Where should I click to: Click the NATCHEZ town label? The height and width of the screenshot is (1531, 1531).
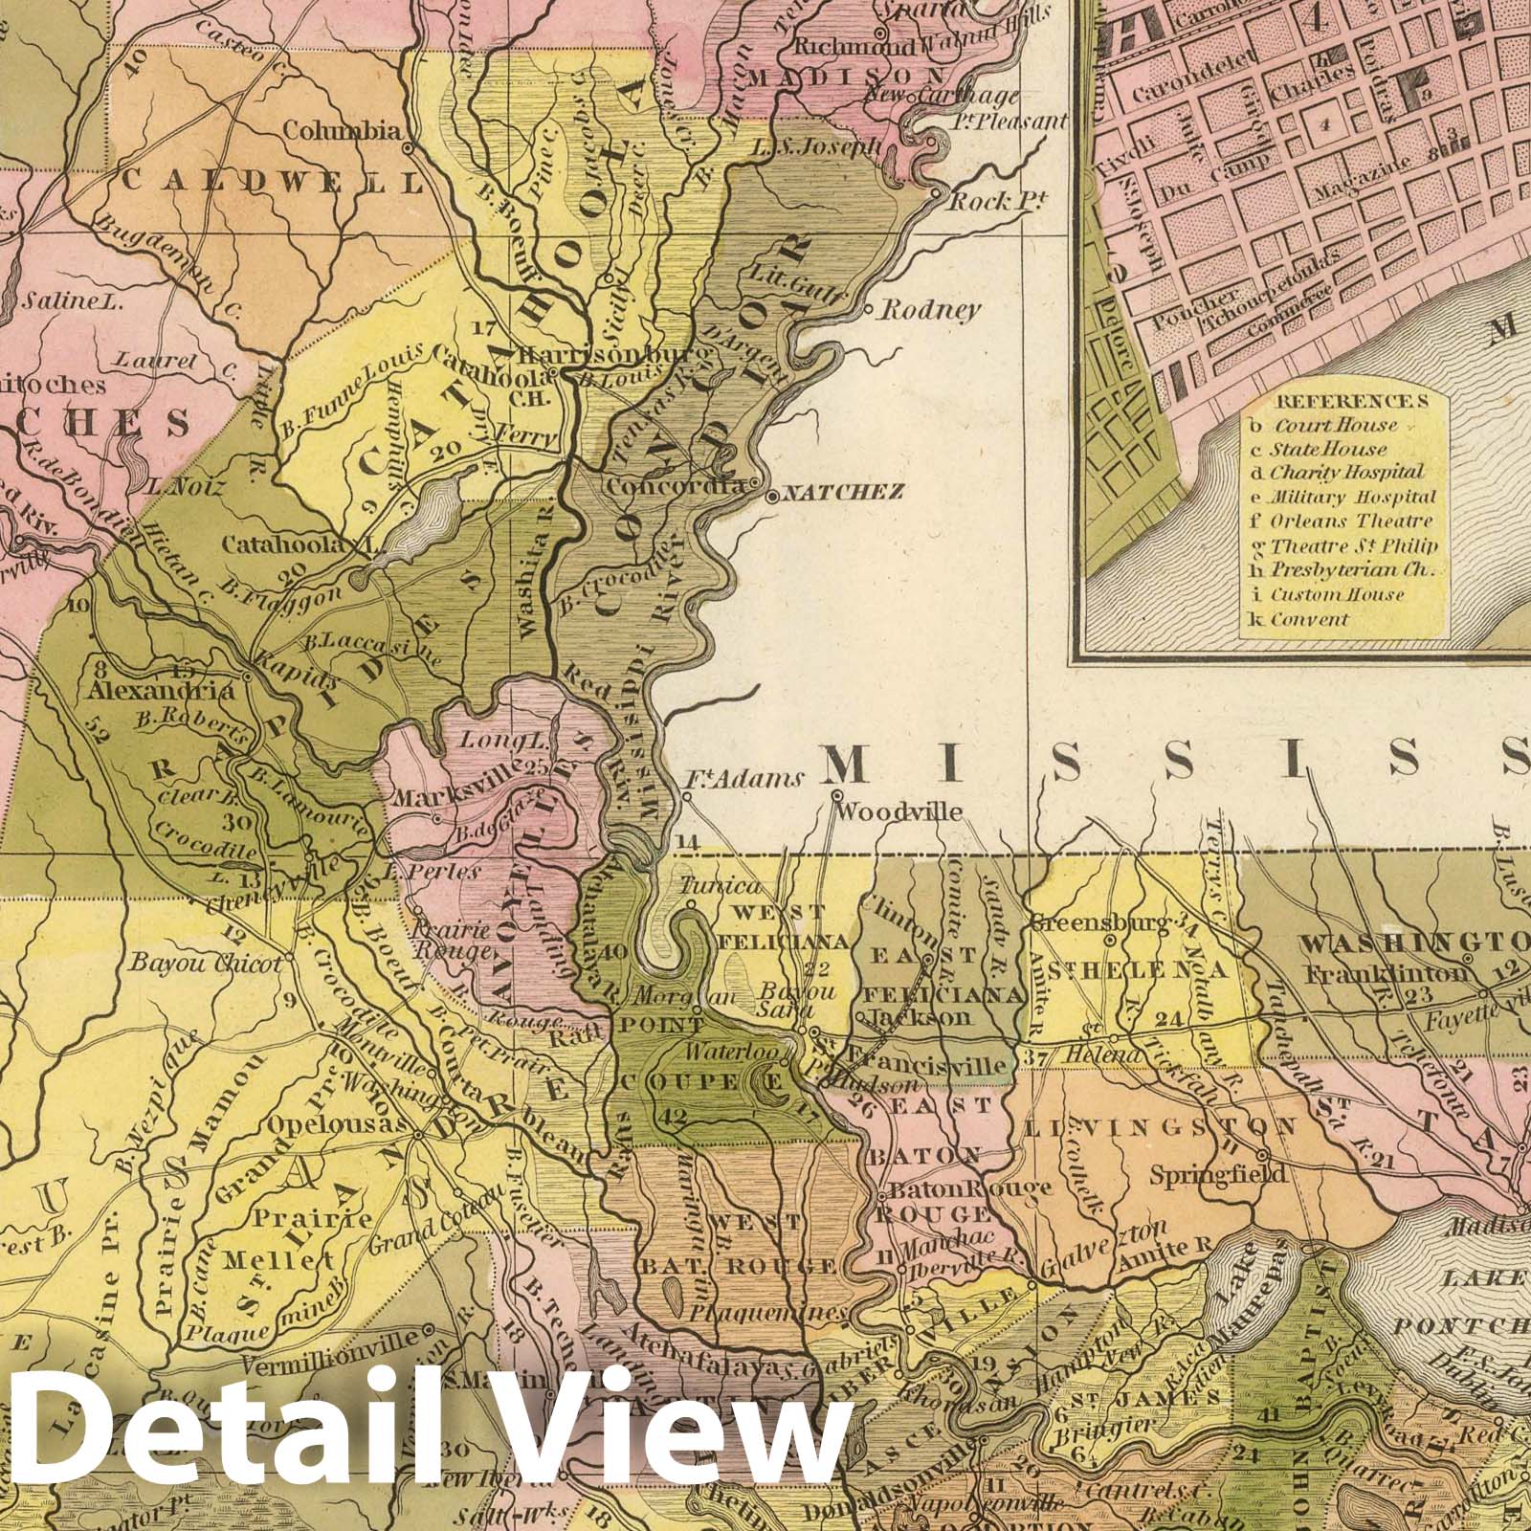click(x=843, y=494)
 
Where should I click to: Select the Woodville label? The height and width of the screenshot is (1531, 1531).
click(x=899, y=812)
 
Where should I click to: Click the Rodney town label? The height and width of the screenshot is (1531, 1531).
click(x=929, y=309)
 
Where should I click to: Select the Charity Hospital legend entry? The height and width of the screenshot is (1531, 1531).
click(x=1346, y=473)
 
